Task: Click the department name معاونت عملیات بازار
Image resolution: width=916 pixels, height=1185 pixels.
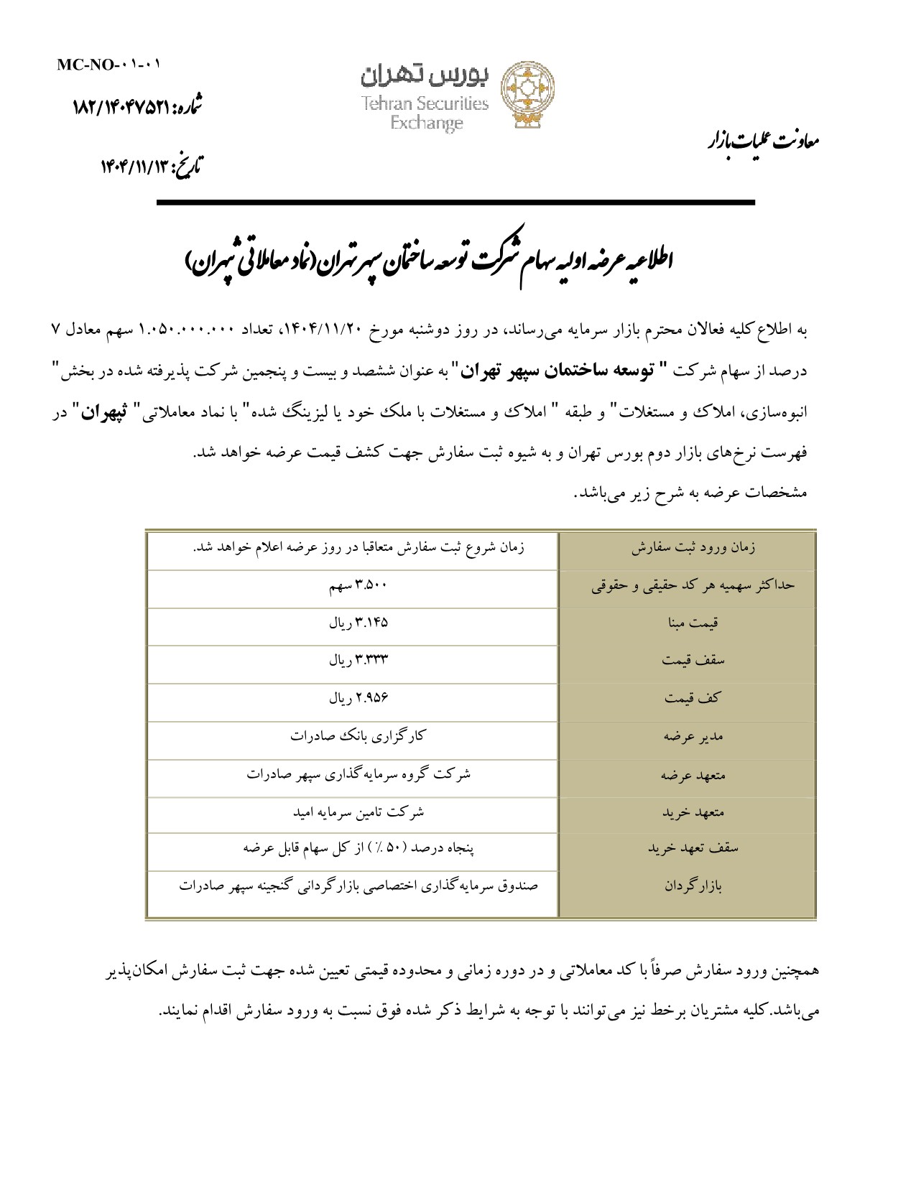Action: [x=762, y=140]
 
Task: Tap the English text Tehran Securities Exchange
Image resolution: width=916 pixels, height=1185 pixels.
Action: [x=425, y=113]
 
